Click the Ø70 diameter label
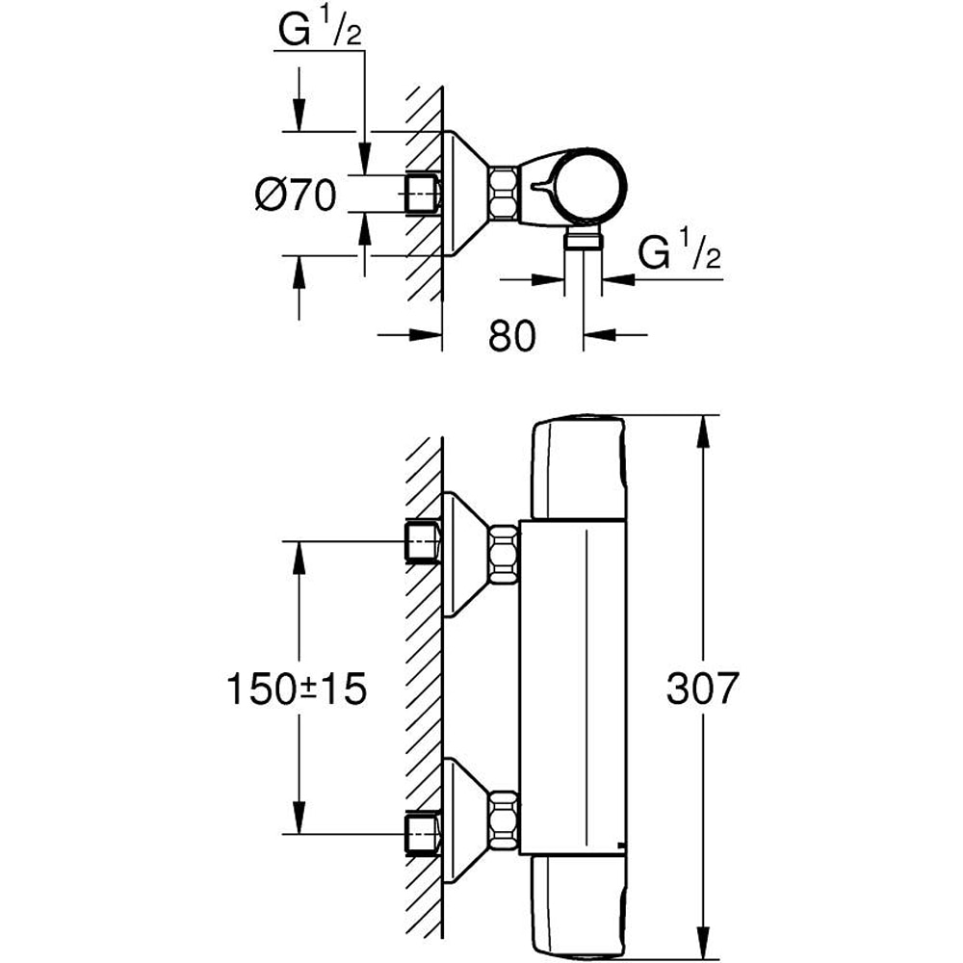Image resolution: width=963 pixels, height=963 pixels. pyautogui.click(x=295, y=195)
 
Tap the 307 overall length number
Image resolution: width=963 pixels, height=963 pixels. pyautogui.click(x=702, y=689)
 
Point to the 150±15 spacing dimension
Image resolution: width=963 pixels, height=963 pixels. pyautogui.click(x=298, y=689)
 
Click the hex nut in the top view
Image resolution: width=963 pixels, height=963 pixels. pyautogui.click(x=504, y=194)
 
